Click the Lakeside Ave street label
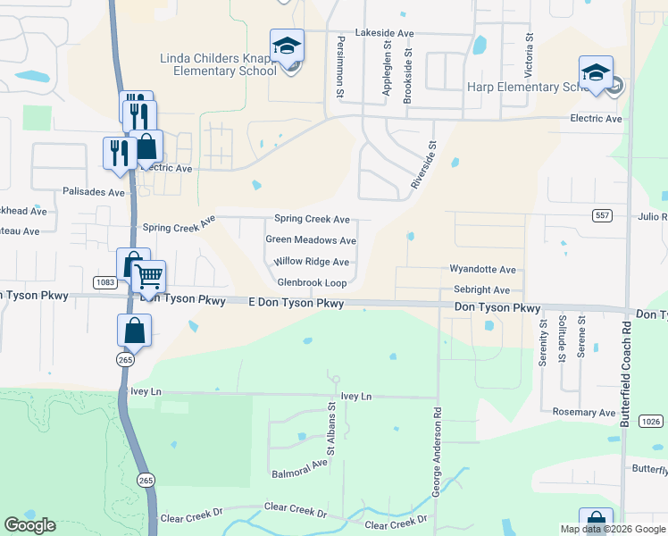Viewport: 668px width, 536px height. (385, 33)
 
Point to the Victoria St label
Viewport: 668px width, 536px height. (529, 54)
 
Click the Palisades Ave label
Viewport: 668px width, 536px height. (94, 192)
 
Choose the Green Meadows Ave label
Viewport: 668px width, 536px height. (311, 240)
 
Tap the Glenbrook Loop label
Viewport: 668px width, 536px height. (312, 282)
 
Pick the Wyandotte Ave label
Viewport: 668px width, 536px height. (482, 269)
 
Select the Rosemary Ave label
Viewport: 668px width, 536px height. (584, 413)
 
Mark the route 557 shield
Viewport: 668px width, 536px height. (601, 215)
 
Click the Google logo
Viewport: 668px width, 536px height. (29, 525)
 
